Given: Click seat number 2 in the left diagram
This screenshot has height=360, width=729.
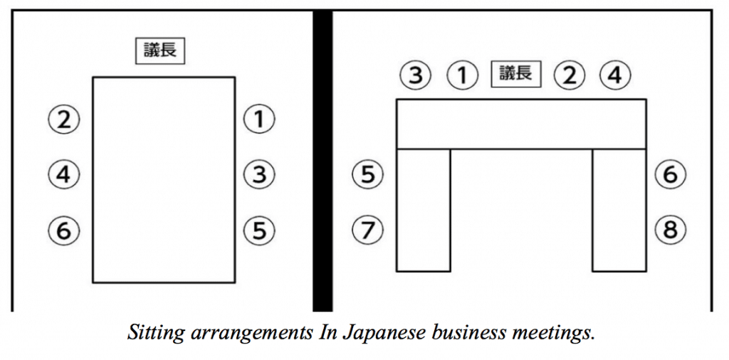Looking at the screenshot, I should point(63,120).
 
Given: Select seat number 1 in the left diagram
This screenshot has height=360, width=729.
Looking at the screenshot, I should point(259,120).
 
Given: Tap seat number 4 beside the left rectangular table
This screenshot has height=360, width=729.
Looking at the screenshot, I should point(63,174).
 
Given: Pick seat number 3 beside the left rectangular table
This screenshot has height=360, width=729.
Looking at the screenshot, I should point(259,174).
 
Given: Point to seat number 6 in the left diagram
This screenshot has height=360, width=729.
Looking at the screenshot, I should point(63,230).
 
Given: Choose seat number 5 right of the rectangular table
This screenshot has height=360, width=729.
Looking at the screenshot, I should point(259,230).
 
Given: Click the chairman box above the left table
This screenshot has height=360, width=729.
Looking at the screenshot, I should point(160,52).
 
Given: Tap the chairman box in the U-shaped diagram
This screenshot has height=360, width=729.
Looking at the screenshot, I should point(516,74).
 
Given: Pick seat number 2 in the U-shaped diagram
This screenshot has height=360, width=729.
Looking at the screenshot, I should point(569,75).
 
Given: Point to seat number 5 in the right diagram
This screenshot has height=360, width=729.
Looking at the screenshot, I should point(368,174).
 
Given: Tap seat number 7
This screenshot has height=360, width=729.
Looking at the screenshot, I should point(368,230).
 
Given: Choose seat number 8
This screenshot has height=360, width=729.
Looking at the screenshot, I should point(671,230).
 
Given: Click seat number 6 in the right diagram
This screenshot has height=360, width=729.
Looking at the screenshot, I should point(671,174).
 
